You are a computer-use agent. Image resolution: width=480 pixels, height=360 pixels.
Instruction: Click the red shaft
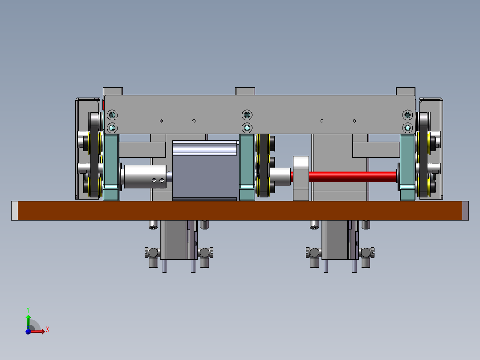click(353, 177)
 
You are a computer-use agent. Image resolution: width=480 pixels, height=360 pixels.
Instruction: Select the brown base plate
click(240, 211)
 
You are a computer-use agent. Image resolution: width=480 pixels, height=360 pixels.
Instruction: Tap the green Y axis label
click(28, 310)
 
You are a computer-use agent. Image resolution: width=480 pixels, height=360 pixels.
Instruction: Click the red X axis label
click(48, 330)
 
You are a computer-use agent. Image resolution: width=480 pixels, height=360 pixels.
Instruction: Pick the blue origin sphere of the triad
click(28, 331)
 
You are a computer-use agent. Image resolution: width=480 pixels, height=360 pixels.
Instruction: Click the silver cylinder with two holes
click(145, 177)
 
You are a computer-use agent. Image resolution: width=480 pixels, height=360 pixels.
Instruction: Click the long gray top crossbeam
click(260, 114)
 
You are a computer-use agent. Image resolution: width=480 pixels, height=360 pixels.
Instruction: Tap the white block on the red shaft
click(301, 178)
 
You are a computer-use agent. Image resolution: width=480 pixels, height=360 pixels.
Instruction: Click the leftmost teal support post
click(111, 168)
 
